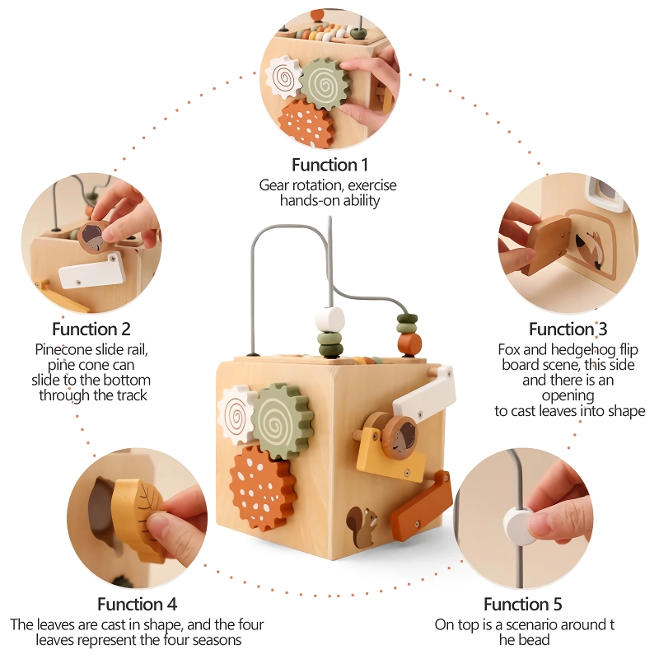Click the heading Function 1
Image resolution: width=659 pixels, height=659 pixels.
coord(329,165)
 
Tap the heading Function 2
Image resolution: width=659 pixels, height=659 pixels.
coord(91,329)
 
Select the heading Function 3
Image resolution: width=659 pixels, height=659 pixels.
coord(568,329)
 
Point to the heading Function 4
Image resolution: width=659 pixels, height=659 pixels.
coord(137,604)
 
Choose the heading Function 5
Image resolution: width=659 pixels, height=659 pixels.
coord(521,604)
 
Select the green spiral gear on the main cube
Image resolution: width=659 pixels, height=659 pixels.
coord(283,420)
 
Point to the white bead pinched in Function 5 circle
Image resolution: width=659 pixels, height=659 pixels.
coord(518,522)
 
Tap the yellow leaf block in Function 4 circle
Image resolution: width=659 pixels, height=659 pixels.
coord(139,518)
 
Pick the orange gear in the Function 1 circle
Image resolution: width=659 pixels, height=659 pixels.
coord(307,120)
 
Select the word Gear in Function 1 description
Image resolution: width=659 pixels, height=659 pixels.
coord(274,185)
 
